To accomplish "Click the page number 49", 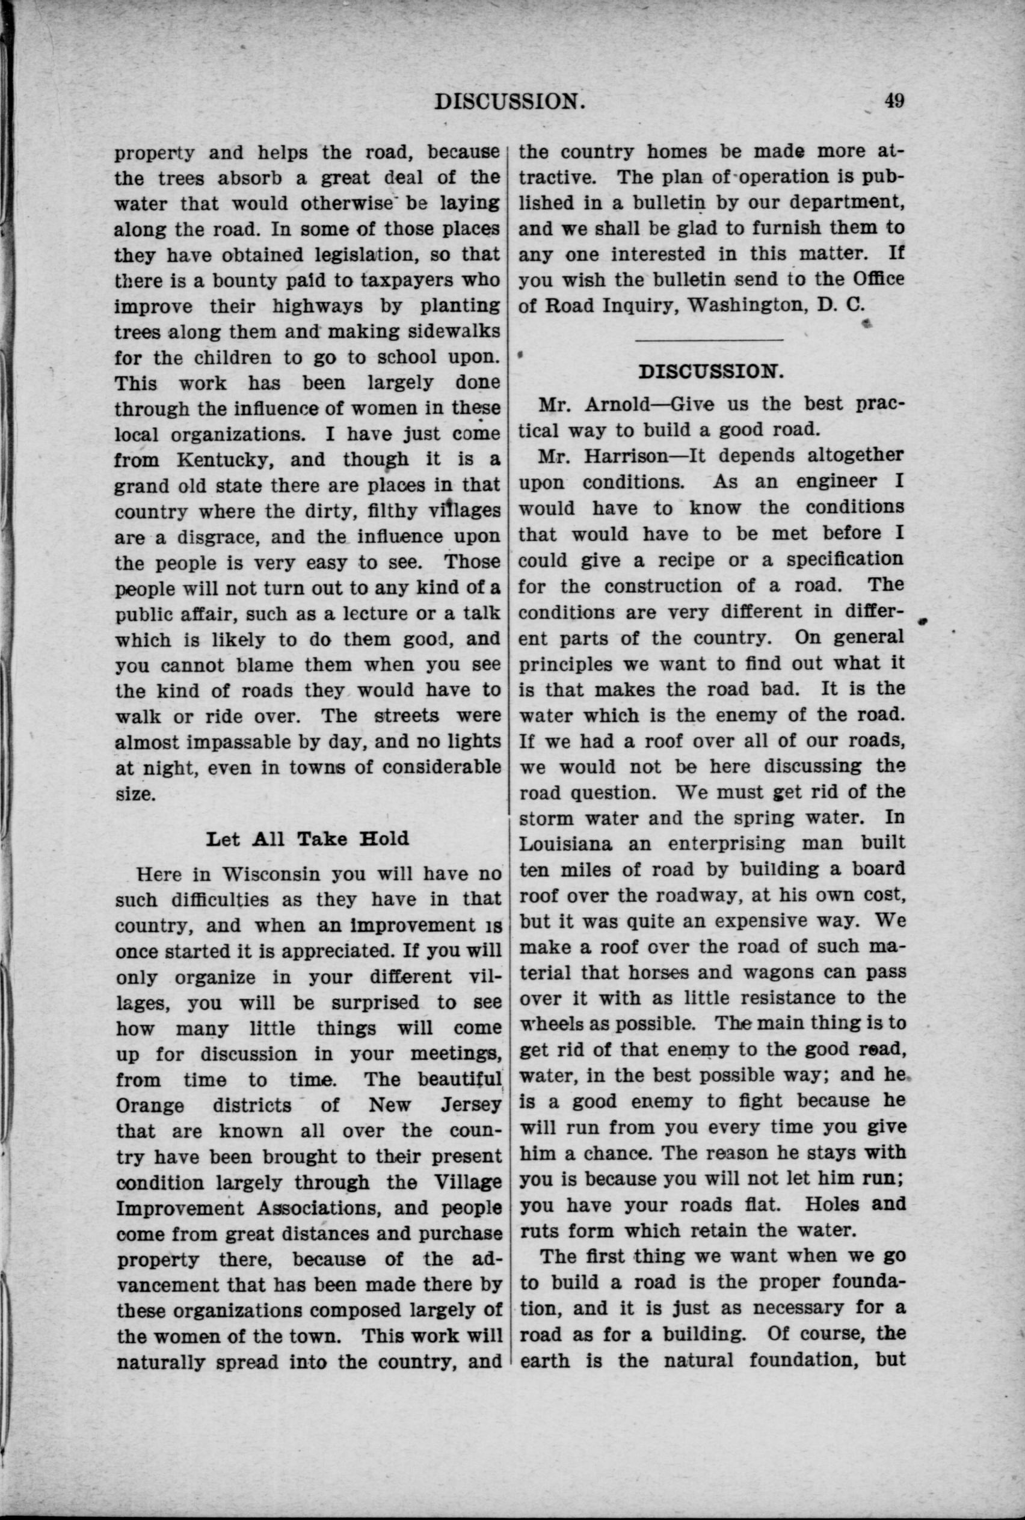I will pyautogui.click(x=894, y=100).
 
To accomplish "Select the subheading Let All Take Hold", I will pyautogui.click(x=307, y=838).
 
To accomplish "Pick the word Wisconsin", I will pyautogui.click(x=270, y=874).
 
